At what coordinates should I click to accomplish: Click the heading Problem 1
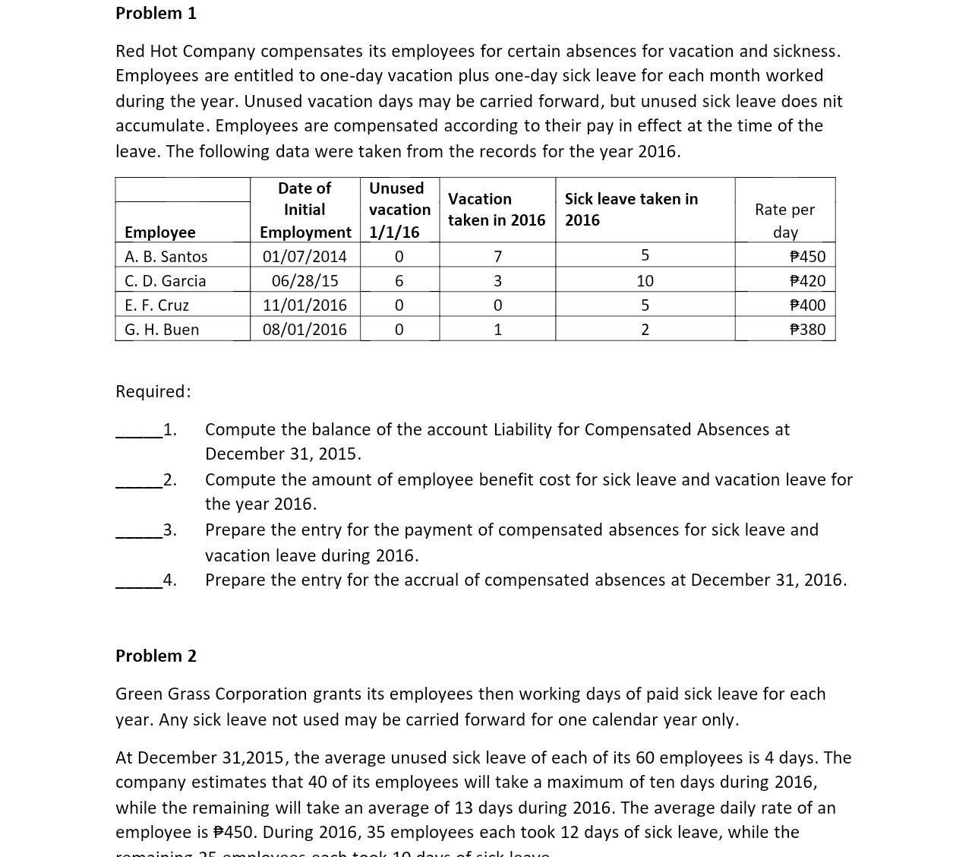point(156,14)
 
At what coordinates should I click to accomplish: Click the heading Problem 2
point(156,656)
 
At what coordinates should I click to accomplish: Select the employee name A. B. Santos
point(166,257)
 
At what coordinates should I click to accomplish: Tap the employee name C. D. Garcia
point(165,281)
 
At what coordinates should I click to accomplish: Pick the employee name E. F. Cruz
point(156,305)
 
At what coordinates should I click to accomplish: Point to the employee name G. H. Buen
point(162,330)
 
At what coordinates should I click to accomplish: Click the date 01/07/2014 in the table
point(305,257)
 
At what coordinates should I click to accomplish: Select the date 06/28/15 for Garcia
point(305,281)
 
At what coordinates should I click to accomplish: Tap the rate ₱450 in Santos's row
point(807,257)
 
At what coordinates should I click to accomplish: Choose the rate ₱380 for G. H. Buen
point(807,330)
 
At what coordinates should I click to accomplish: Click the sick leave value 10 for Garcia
point(645,281)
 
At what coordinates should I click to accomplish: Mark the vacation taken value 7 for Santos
point(497,257)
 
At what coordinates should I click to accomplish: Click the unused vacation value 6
point(399,281)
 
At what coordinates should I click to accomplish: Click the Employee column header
point(159,232)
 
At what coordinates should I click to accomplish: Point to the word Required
point(153,392)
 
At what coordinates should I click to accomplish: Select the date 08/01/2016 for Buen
point(305,330)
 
